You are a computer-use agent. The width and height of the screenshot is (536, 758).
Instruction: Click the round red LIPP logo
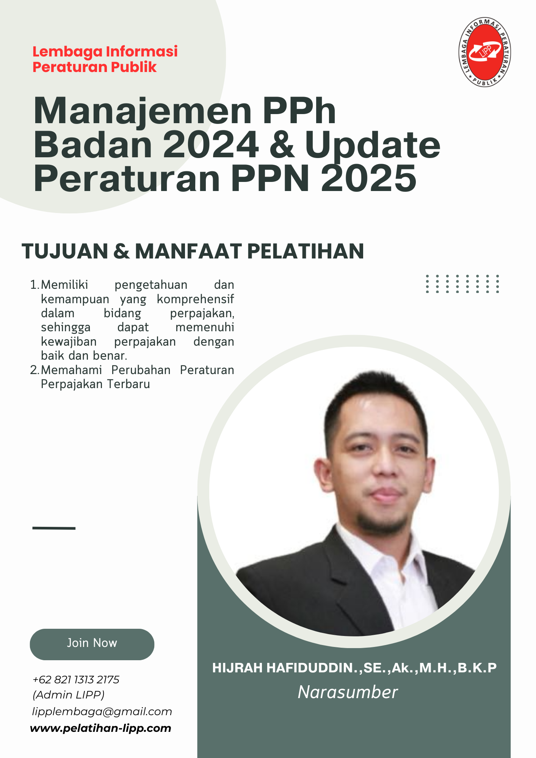pos(485,52)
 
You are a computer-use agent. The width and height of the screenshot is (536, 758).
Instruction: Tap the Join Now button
pos(92,644)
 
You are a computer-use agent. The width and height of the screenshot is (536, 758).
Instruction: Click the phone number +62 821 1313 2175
pos(76,680)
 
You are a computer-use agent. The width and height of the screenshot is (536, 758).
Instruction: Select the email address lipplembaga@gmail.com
pos(102,712)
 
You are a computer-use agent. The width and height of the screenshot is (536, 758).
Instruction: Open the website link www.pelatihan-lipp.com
pos(100,728)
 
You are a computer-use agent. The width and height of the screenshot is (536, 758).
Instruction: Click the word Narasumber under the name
pos(348,692)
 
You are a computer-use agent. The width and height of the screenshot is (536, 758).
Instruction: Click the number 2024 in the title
pos(211,145)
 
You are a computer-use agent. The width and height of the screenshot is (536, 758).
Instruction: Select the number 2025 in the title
pos(369,178)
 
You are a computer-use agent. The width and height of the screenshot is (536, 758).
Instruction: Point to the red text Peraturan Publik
pos(94,67)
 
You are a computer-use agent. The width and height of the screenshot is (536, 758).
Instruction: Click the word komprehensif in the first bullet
pos(195,299)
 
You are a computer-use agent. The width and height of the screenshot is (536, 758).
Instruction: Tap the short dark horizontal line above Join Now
pos(54,528)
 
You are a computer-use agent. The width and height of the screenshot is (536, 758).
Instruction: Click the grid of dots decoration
pos(462,284)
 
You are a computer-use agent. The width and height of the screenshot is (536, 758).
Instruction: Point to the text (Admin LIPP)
pos(69,695)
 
